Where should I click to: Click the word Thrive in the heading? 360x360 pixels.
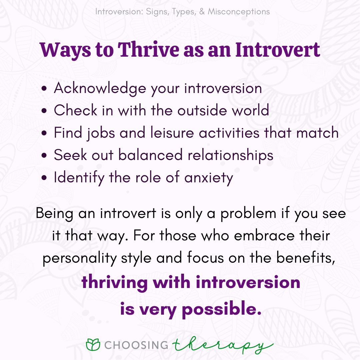(x=148, y=50)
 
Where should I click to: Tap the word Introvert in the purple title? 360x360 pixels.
(x=278, y=50)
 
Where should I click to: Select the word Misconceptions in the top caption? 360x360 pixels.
(x=239, y=11)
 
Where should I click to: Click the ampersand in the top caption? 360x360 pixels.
(x=202, y=11)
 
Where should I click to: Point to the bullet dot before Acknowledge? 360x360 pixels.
(x=44, y=88)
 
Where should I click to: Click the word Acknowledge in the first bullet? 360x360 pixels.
(x=100, y=88)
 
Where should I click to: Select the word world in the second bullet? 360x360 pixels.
(x=250, y=110)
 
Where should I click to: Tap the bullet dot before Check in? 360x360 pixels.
(x=44, y=111)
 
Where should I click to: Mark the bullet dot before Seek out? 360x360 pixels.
(x=44, y=155)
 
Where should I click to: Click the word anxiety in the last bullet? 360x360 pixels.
(x=209, y=178)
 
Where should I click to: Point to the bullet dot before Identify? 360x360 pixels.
(x=44, y=178)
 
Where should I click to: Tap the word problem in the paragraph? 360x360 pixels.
(x=248, y=214)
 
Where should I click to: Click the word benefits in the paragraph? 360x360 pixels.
(x=306, y=258)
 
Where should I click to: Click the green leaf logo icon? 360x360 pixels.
(x=93, y=345)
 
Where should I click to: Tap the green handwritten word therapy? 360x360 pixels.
(x=223, y=345)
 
